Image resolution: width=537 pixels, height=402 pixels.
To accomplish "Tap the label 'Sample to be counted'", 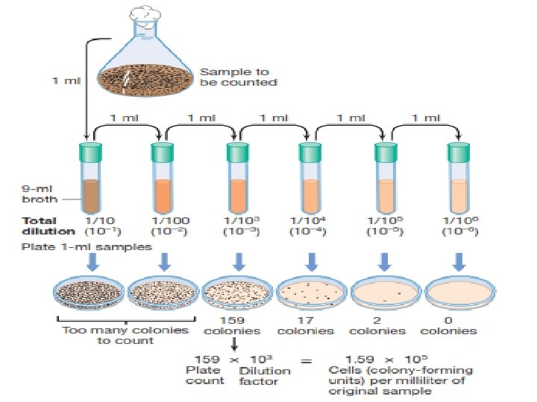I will pyautogui.click(x=238, y=77).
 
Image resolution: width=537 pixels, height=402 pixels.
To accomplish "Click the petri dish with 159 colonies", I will pyautogui.click(x=238, y=293).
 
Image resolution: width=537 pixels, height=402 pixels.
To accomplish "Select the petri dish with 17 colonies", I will pyautogui.click(x=311, y=293).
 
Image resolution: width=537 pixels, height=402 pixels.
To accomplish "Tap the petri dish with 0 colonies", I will pyautogui.click(x=457, y=293).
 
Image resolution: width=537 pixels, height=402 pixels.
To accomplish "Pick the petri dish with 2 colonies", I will pyautogui.click(x=384, y=293).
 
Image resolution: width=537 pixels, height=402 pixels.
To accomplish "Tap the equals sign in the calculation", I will pyautogui.click(x=305, y=361).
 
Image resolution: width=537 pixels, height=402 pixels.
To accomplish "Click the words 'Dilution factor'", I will pyautogui.click(x=260, y=375).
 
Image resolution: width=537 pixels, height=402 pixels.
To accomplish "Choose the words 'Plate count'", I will pyautogui.click(x=204, y=374).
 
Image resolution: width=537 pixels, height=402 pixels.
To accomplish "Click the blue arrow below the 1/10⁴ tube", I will pyautogui.click(x=311, y=262).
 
